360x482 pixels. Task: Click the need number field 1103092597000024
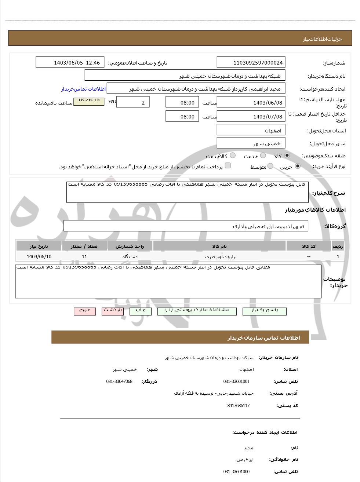click(251, 62)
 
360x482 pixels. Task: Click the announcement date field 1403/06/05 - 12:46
click(70, 62)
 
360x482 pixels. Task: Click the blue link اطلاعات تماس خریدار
click(84, 89)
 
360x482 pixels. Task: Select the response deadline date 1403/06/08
click(251, 102)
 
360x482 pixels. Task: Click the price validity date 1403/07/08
click(251, 117)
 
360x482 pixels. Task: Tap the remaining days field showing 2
click(133, 102)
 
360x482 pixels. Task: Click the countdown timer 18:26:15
click(89, 100)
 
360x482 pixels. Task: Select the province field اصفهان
click(251, 131)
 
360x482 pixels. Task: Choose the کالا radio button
click(287, 156)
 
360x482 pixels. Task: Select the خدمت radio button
click(263, 156)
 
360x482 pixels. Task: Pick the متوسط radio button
click(270, 166)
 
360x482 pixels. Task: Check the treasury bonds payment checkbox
click(228, 166)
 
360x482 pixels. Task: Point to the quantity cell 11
click(84, 256)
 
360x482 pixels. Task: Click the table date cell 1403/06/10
click(39, 256)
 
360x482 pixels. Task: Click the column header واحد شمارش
click(130, 246)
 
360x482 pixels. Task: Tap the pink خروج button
click(85, 311)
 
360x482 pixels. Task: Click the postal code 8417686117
click(239, 406)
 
